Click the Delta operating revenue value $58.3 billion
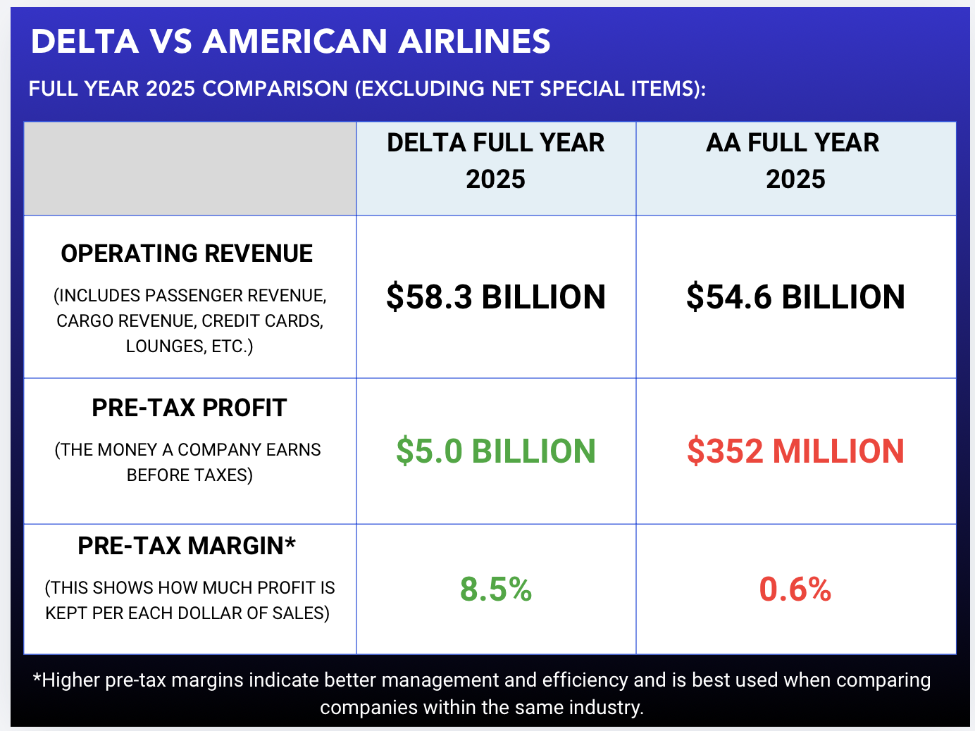point(496,297)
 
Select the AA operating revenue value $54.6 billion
point(795,297)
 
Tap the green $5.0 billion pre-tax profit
point(496,451)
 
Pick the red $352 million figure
point(795,451)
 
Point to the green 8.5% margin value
point(496,589)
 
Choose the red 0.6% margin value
point(795,589)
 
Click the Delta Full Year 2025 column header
point(496,161)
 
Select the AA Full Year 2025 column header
point(795,161)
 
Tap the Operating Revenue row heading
point(187,254)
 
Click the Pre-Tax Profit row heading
point(190,408)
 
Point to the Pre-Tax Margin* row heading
point(187,546)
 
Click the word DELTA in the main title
point(85,42)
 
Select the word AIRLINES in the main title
point(474,42)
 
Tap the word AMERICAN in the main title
point(295,42)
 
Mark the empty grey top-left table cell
point(190,169)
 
